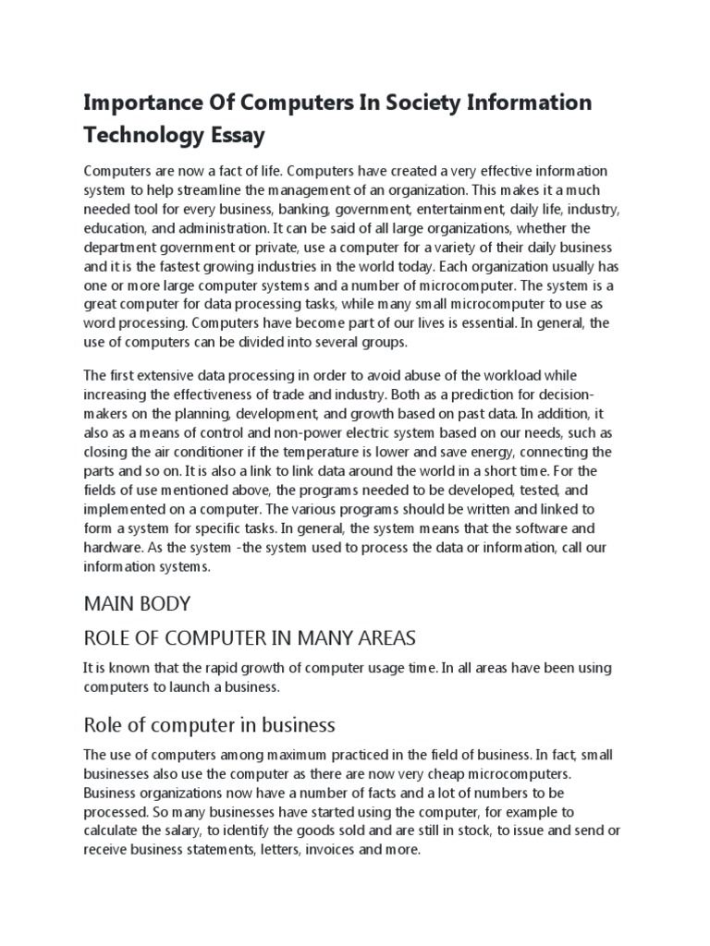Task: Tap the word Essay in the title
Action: (235, 136)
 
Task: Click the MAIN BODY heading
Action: (137, 603)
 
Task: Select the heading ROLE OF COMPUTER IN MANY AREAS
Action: (249, 637)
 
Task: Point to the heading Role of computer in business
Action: (209, 723)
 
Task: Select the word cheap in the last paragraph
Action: (480, 775)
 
